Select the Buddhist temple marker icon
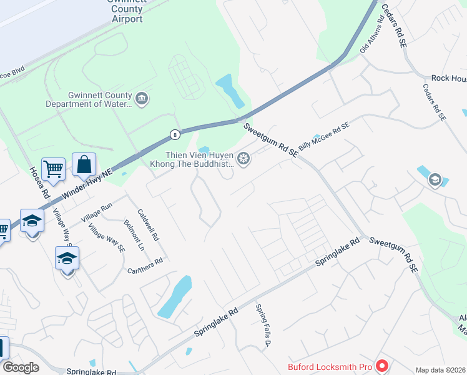pyautogui.click(x=243, y=157)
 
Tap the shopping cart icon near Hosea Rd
pyautogui.click(x=53, y=167)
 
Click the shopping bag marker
pyautogui.click(x=84, y=165)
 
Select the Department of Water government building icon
pyautogui.click(x=141, y=99)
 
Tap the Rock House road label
pyautogui.click(x=449, y=78)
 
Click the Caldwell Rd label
pyautogui.click(x=149, y=224)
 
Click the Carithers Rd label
pyautogui.click(x=144, y=266)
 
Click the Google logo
pyautogui.click(x=21, y=367)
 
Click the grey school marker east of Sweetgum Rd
pyautogui.click(x=435, y=181)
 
